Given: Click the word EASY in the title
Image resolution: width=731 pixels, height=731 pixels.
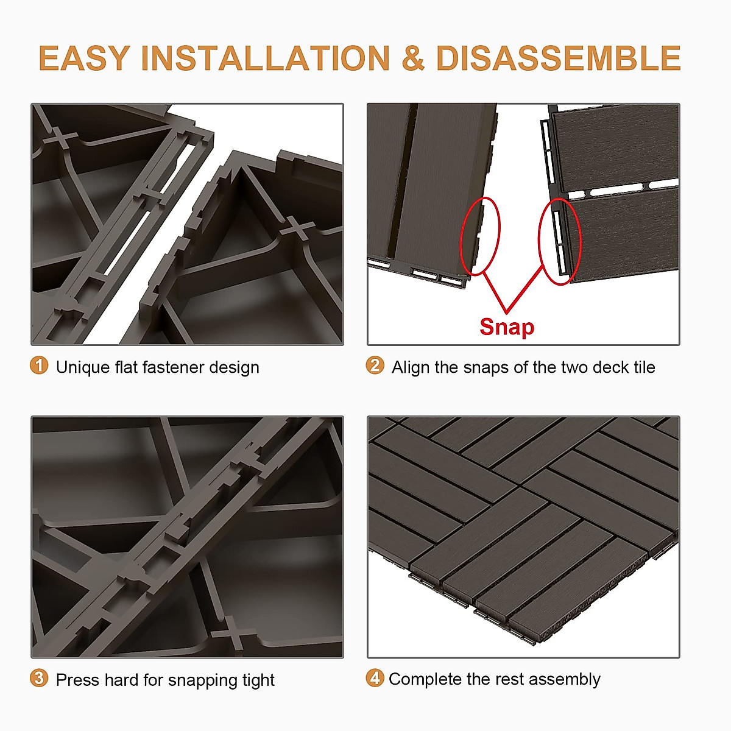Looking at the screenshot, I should [x=84, y=58].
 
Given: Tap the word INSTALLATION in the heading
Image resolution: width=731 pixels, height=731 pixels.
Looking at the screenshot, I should [x=265, y=58].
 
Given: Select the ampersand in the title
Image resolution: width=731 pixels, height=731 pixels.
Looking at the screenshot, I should [x=412, y=58].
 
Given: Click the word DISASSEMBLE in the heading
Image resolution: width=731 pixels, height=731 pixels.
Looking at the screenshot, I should [x=558, y=58].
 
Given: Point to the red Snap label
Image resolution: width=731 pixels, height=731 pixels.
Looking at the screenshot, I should [x=506, y=327].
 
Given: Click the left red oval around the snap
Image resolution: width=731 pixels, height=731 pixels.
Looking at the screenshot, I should [x=479, y=236].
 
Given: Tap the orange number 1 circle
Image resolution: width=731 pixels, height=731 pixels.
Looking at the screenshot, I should [x=39, y=365].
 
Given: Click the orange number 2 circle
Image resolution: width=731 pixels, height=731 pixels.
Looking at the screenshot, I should [x=375, y=365].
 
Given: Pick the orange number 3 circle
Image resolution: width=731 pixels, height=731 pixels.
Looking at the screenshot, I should [x=39, y=678].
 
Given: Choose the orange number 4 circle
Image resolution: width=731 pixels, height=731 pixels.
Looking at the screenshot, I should [x=375, y=678].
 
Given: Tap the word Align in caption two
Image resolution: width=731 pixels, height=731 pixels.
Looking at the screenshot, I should [x=411, y=367].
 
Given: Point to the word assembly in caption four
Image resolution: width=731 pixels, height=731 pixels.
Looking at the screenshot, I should [x=565, y=680].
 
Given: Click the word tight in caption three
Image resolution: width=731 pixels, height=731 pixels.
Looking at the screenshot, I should [x=258, y=680].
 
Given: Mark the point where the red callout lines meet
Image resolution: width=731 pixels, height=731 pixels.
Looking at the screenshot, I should [x=506, y=312].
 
